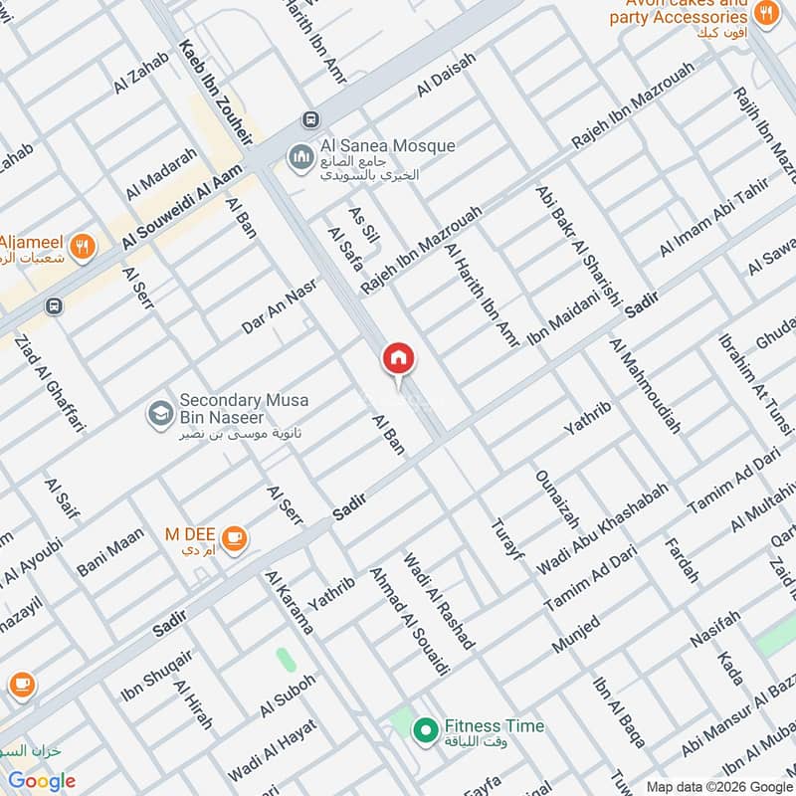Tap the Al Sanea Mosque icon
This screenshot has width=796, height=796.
tap(299, 157)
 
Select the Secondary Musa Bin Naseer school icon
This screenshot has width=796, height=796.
tap(158, 412)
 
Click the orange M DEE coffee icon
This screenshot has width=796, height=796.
tap(235, 538)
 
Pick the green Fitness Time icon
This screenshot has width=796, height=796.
tap(426, 730)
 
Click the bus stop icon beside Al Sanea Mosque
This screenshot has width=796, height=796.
tap(311, 119)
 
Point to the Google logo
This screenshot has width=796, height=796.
tap(41, 781)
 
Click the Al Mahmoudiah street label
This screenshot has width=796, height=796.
tap(646, 387)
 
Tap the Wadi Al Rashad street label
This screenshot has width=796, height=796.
tap(438, 600)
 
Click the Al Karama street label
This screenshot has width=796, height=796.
tap(290, 603)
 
